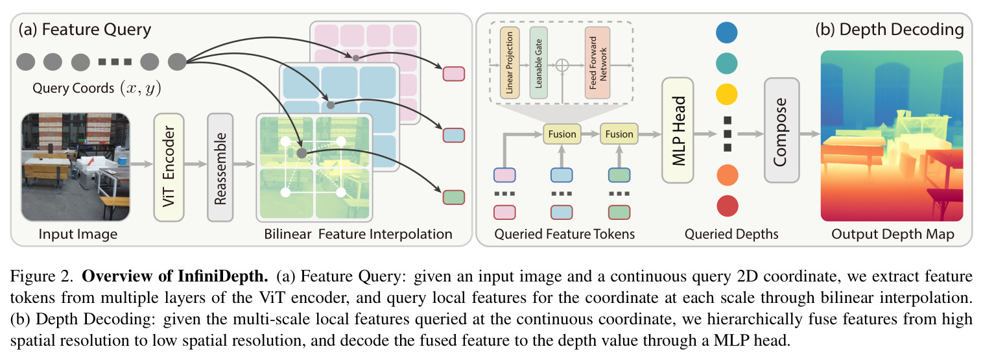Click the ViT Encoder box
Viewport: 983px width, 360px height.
(x=169, y=167)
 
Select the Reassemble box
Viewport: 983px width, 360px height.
(x=220, y=167)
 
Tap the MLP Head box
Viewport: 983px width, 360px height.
(x=678, y=130)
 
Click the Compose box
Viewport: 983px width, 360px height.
(x=781, y=130)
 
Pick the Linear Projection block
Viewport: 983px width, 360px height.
(x=510, y=63)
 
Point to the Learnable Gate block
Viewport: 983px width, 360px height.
(x=538, y=63)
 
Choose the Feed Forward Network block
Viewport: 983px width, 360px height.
(x=597, y=63)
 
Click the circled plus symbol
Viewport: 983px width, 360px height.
(x=562, y=66)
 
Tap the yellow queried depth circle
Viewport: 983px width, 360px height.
(x=727, y=95)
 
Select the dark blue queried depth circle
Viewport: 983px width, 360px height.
(x=727, y=32)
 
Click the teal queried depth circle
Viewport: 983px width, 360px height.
(x=727, y=63)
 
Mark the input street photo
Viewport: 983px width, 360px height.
(x=75, y=167)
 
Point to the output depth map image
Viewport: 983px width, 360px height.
(x=892, y=136)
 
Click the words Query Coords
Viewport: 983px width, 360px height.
(x=73, y=88)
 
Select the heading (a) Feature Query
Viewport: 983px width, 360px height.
(x=85, y=29)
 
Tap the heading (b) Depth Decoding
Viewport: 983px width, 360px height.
(x=890, y=29)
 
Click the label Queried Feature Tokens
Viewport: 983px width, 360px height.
(x=564, y=234)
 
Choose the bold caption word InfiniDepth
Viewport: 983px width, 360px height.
(x=223, y=276)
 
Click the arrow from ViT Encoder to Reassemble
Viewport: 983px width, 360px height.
(x=196, y=164)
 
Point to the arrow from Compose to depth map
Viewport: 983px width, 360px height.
(x=810, y=134)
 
